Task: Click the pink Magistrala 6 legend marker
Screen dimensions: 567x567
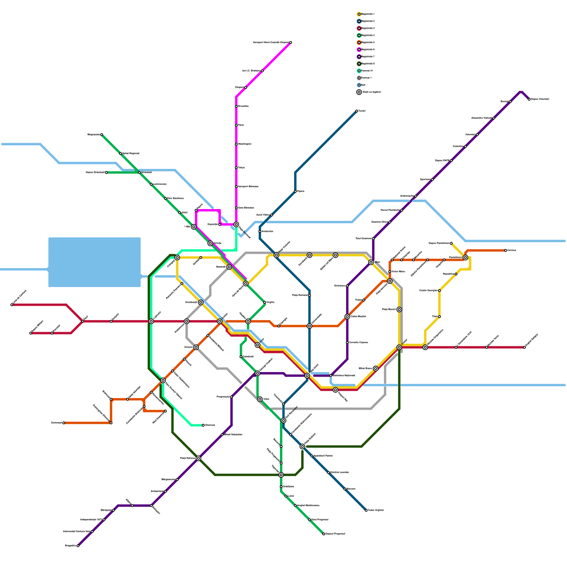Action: (x=359, y=50)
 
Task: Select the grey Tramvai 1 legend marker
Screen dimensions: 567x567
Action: (x=359, y=78)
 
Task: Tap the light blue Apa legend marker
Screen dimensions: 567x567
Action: (x=359, y=85)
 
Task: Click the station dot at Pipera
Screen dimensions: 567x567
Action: (x=295, y=191)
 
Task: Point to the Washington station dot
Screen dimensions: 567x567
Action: (x=236, y=144)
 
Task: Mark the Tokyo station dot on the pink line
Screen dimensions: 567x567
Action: (x=236, y=168)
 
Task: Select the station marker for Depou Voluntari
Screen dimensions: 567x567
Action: (x=529, y=99)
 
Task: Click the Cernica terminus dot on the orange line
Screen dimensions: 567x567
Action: (x=505, y=251)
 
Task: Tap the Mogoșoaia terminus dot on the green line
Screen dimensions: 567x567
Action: (x=101, y=135)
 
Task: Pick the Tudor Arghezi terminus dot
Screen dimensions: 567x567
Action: (x=366, y=510)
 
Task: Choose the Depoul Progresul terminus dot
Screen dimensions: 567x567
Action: (x=324, y=534)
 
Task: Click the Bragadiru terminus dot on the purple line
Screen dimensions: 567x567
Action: (x=78, y=546)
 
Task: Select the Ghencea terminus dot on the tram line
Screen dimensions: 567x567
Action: (x=203, y=425)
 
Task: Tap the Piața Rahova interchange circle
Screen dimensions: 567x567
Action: (x=198, y=458)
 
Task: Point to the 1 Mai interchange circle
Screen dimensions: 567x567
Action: (x=193, y=227)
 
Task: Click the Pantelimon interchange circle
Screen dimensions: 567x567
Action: (x=465, y=258)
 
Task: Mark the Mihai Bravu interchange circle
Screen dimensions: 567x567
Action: (x=376, y=369)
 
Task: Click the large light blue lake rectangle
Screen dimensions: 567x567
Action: (x=94, y=262)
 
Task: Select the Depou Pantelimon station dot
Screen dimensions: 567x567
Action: (x=451, y=243)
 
